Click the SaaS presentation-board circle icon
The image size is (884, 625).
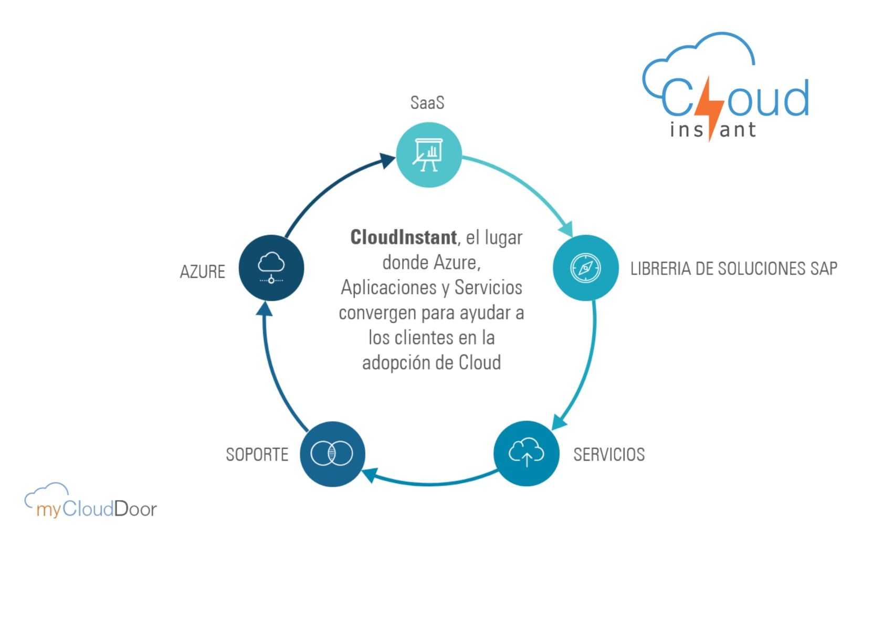(x=428, y=154)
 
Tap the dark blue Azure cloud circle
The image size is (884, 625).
(x=271, y=268)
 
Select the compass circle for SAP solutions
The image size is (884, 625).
(x=585, y=268)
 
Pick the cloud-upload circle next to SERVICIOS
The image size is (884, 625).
(x=526, y=454)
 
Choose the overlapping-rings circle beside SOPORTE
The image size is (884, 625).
(x=332, y=454)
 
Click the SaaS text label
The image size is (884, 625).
(x=427, y=102)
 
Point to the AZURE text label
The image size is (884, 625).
(x=203, y=272)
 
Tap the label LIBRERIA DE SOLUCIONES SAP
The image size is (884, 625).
(x=733, y=269)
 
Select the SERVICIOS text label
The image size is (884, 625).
(x=609, y=454)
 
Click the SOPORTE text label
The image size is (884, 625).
(x=257, y=454)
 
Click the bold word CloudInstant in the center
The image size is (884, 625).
(x=403, y=237)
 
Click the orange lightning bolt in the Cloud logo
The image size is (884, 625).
(x=710, y=108)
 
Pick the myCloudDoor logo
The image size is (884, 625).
(x=91, y=502)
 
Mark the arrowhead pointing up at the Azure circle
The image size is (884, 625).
(x=265, y=309)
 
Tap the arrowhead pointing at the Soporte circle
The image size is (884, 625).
(x=370, y=475)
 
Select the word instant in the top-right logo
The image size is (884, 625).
(x=713, y=130)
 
